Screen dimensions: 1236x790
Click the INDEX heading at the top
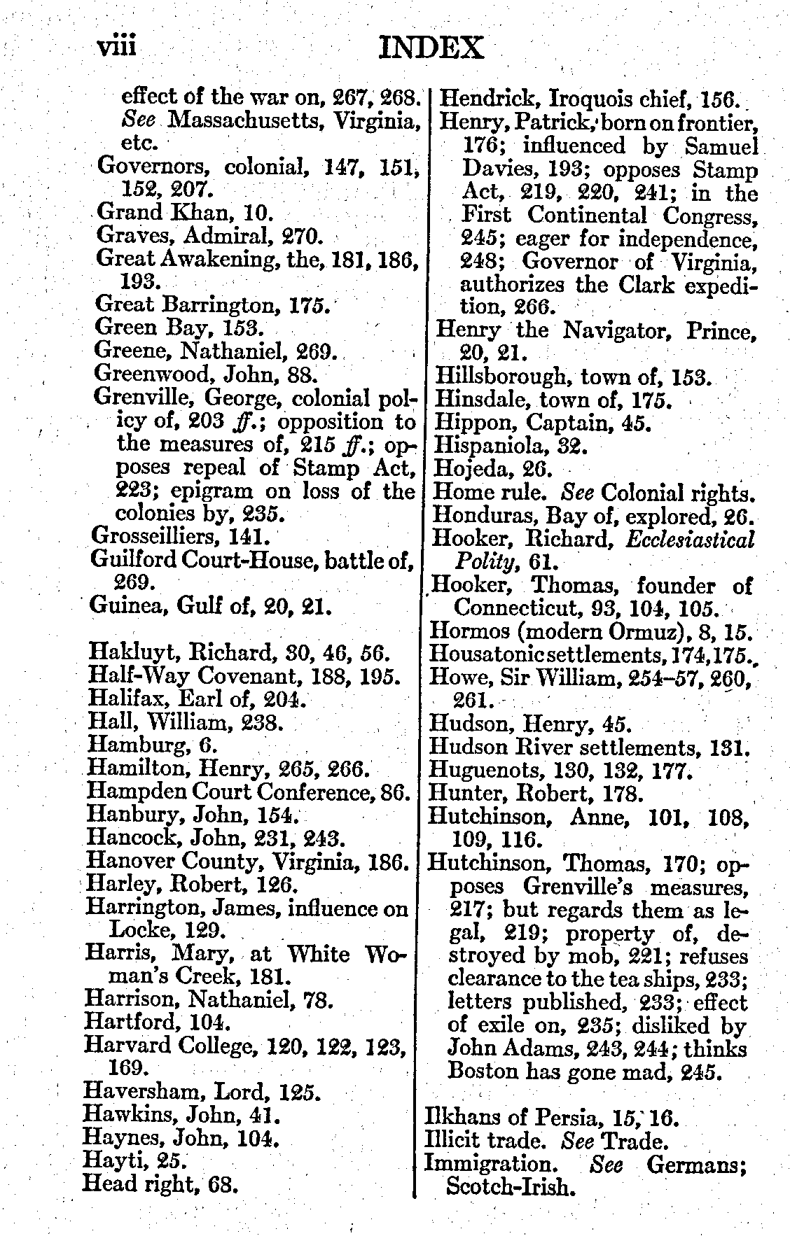[431, 48]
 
